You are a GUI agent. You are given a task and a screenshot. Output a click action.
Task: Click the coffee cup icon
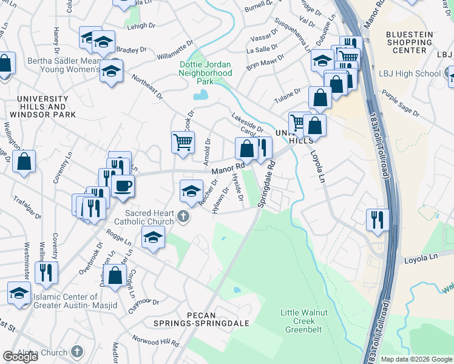123,186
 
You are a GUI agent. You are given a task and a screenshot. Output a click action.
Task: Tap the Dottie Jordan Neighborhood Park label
205,72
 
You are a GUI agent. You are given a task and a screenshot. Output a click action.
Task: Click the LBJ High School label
413,74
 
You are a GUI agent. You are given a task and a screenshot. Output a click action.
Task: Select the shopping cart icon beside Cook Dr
183,142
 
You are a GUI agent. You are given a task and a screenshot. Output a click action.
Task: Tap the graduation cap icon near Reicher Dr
191,190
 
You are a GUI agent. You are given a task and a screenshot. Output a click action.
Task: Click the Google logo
19,357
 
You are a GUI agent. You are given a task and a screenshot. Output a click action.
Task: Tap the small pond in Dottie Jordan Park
200,95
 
